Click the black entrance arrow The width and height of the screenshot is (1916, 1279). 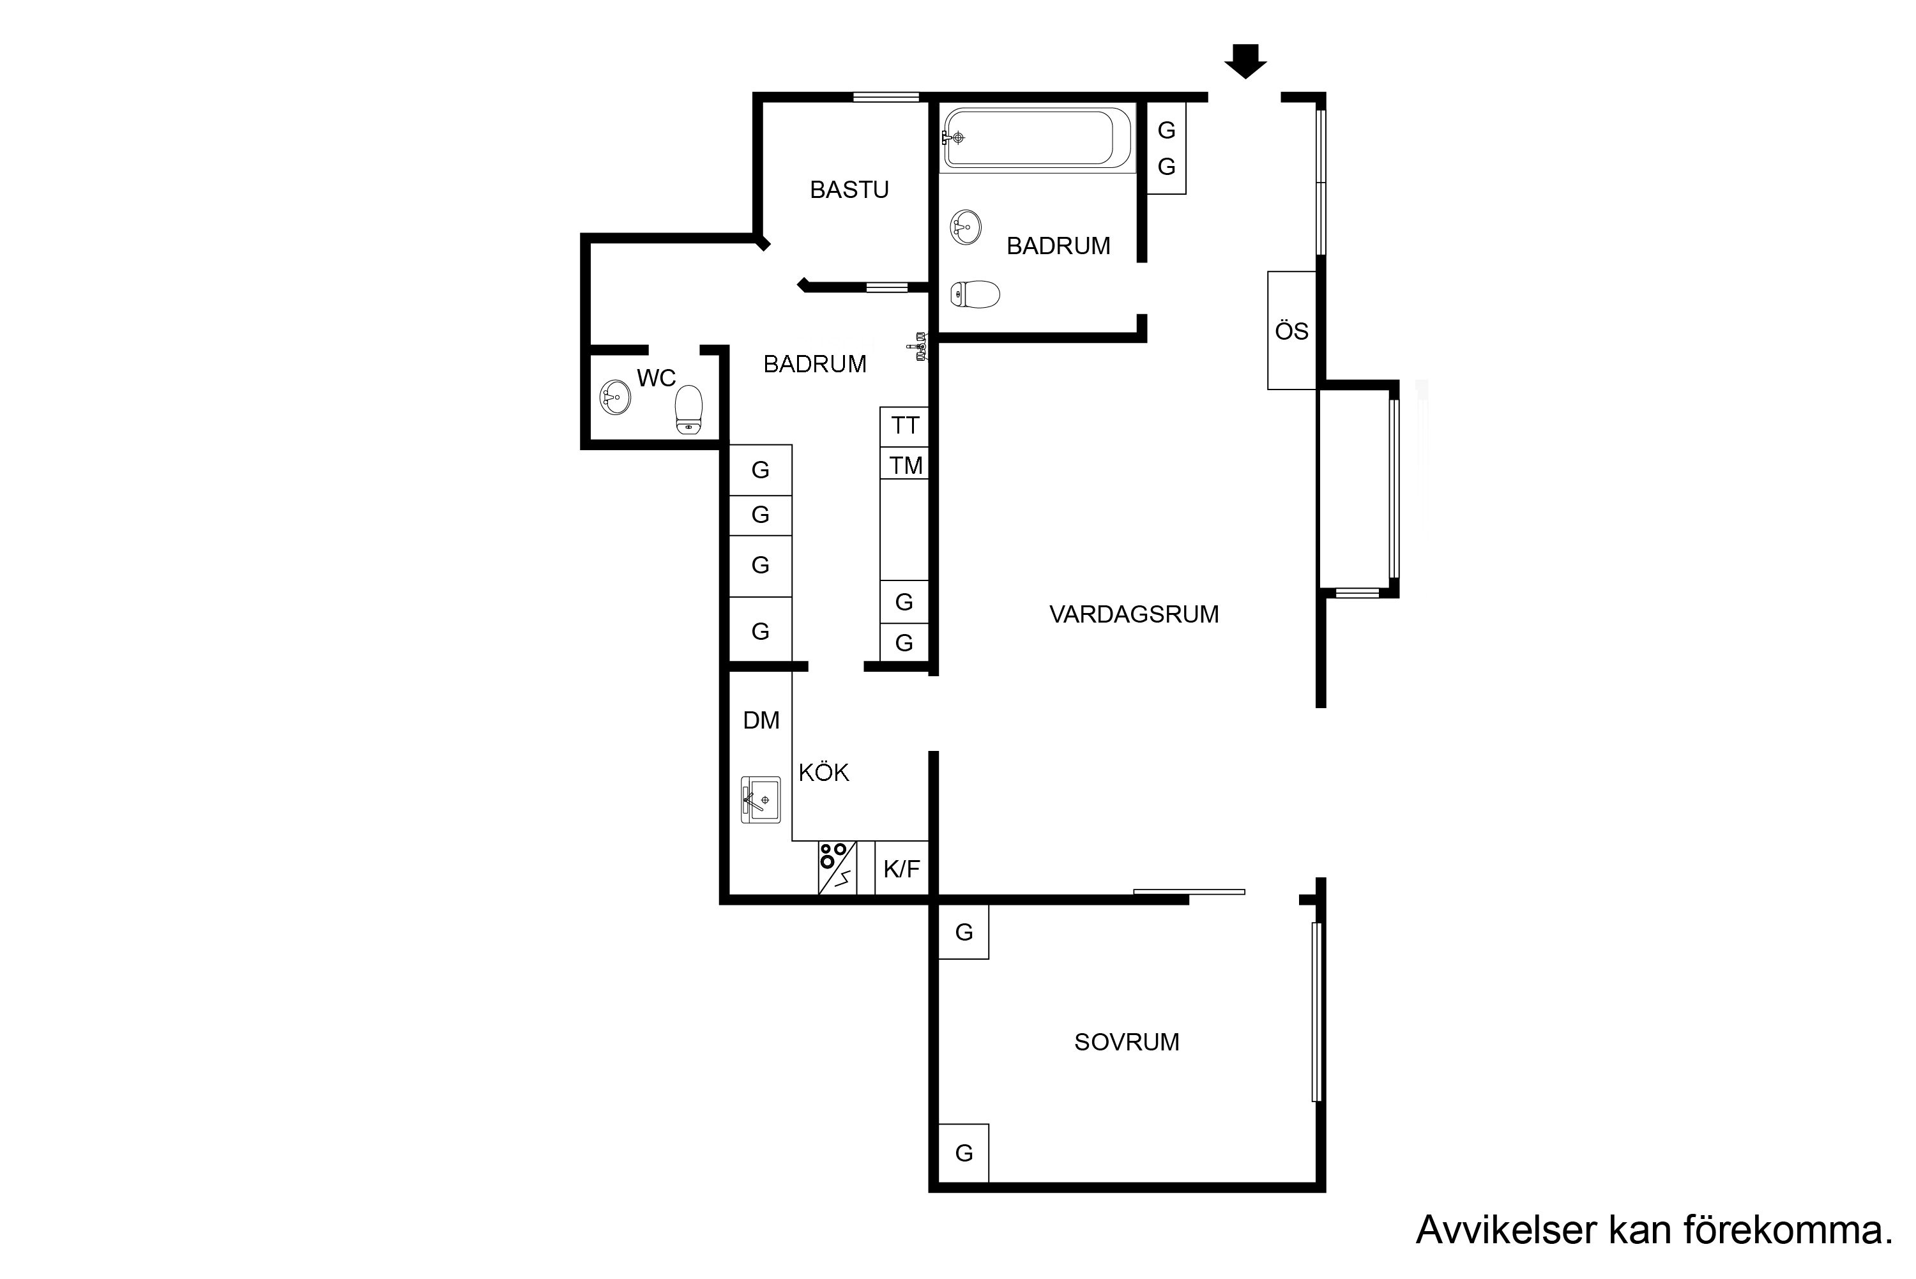[1245, 61]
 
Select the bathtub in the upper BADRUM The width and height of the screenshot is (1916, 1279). [1037, 138]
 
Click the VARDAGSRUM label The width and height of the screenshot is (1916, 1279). [1134, 614]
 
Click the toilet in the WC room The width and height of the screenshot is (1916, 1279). [689, 409]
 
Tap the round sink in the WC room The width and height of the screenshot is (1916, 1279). [615, 398]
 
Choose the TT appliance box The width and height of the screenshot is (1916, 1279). [904, 426]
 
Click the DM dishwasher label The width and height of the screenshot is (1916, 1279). [761, 720]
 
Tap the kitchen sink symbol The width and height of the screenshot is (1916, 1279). [760, 800]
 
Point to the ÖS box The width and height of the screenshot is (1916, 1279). [1292, 330]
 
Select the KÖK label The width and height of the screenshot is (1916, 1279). [824, 773]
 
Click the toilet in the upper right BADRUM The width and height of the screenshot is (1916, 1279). [975, 294]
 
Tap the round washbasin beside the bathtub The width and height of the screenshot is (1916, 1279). [966, 227]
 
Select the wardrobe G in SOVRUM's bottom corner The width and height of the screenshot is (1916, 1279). [964, 1153]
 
